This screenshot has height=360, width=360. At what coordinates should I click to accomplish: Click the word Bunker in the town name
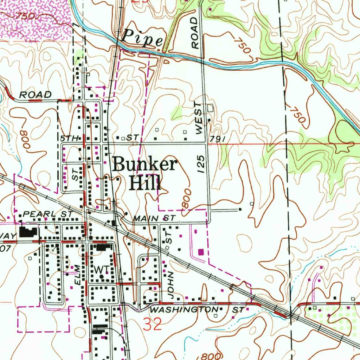(x=144, y=165)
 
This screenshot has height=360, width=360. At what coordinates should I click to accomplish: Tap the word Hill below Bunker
(x=144, y=182)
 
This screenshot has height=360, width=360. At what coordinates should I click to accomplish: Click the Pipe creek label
(x=143, y=38)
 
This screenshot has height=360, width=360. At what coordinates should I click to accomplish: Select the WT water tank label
(x=102, y=269)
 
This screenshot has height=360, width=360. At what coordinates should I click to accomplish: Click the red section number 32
(x=153, y=324)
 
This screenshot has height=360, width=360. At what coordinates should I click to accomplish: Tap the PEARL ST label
(x=48, y=214)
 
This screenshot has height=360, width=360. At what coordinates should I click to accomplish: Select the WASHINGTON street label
(x=184, y=310)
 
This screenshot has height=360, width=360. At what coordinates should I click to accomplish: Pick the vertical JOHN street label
(x=171, y=284)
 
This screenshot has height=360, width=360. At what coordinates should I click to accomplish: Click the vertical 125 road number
(x=201, y=164)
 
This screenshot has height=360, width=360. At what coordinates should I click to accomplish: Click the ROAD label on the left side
(x=35, y=94)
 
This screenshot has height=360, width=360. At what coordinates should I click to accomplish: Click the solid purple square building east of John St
(x=201, y=251)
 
